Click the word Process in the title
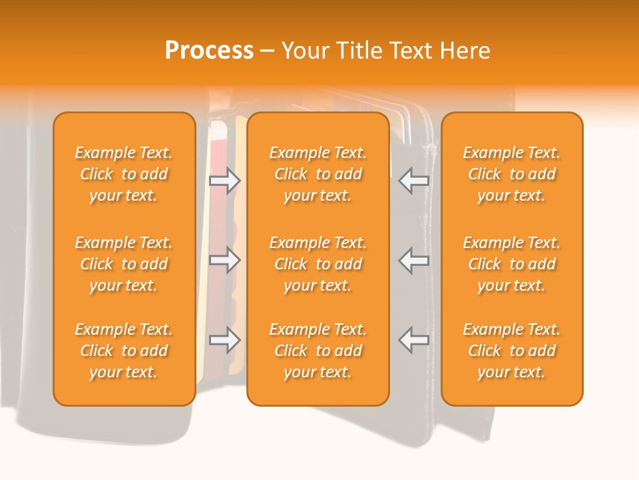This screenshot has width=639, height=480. [209, 51]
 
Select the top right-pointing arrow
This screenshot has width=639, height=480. [224, 181]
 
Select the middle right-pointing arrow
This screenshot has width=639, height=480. [224, 260]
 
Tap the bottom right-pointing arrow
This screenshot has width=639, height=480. [224, 340]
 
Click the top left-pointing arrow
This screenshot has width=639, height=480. [413, 181]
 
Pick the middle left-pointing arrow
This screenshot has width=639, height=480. [413, 260]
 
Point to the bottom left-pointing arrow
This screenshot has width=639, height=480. [413, 340]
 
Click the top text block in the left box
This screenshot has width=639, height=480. [124, 174]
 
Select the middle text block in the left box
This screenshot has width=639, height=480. [124, 264]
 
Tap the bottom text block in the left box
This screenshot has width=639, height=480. [124, 351]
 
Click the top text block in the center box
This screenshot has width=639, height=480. [318, 174]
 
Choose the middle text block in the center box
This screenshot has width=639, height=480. [318, 264]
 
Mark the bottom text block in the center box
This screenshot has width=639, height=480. [318, 351]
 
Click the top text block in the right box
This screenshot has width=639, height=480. [511, 174]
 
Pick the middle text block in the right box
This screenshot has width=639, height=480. [511, 264]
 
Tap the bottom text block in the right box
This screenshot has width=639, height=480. [511, 351]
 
